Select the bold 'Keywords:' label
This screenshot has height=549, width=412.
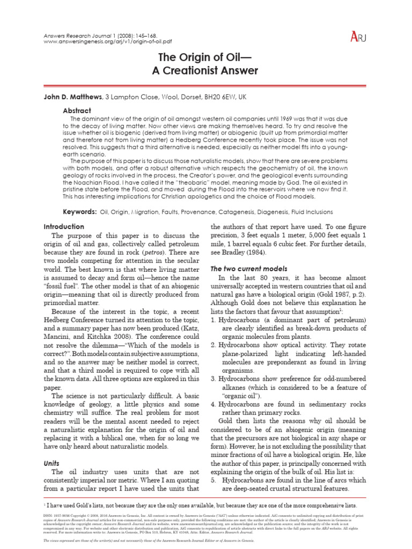click(x=80, y=212)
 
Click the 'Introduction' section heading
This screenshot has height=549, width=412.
click(x=64, y=227)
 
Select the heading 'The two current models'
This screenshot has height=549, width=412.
click(x=249, y=268)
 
